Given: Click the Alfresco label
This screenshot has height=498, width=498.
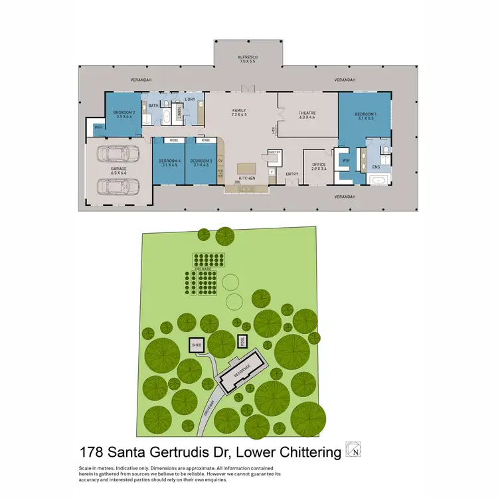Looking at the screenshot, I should point(248,58).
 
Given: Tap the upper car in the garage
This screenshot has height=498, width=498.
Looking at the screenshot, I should point(118,155).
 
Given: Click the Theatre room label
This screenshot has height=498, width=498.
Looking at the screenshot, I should point(307,114).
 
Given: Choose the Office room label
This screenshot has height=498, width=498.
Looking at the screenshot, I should point(319,164).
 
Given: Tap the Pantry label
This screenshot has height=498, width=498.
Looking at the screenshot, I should point(275,152).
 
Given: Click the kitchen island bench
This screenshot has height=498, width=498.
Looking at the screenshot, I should point(246,167).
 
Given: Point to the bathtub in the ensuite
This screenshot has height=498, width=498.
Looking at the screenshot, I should point(377,179).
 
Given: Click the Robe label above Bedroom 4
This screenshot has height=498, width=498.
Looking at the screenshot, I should point(173,141).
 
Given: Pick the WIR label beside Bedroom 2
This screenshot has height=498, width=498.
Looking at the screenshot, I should point(98,127).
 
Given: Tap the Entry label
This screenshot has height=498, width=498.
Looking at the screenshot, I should point(291,175).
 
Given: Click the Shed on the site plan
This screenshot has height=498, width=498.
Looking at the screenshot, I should point(197,346).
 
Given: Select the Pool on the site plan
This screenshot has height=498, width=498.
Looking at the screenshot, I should point(242,341).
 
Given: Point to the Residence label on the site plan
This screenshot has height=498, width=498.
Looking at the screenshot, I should point(242,373).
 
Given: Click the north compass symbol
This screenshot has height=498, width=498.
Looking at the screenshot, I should point(354,450).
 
